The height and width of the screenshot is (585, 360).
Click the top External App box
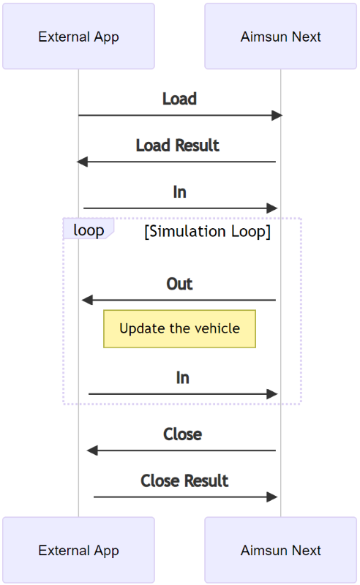tap(78, 37)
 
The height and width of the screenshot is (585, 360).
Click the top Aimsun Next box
tap(280, 37)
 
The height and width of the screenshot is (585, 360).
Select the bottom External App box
tap(78, 551)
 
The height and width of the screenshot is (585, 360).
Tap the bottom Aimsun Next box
tap(280, 551)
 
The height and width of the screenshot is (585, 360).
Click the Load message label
tap(179, 99)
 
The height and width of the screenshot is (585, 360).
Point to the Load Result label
tap(178, 146)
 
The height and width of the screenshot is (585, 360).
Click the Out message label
tap(179, 284)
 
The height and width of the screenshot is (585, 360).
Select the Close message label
tap(182, 434)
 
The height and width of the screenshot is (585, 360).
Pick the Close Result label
tap(184, 481)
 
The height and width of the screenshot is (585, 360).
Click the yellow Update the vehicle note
tap(179, 328)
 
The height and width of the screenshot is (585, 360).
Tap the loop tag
tap(89, 230)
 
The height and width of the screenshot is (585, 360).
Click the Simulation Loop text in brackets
tap(207, 232)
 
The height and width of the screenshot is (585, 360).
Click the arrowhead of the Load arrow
tap(277, 116)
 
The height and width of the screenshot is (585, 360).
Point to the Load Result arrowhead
tap(82, 162)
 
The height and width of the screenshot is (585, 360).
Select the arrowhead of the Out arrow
tap(87, 300)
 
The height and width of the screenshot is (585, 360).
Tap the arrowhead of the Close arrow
tap(91, 450)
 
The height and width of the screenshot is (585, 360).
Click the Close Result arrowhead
tap(273, 497)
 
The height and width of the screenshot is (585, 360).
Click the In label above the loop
tap(179, 192)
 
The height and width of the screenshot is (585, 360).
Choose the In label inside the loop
tap(182, 378)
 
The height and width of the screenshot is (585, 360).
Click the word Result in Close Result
tap(206, 481)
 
